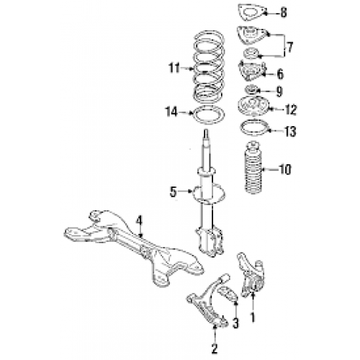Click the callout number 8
click(283, 12)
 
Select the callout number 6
click(280, 73)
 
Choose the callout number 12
click(290, 109)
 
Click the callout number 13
click(290, 131)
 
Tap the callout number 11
click(172, 69)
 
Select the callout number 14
click(172, 112)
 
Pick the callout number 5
click(173, 192)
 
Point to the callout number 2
click(214, 349)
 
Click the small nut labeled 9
click(252, 90)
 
